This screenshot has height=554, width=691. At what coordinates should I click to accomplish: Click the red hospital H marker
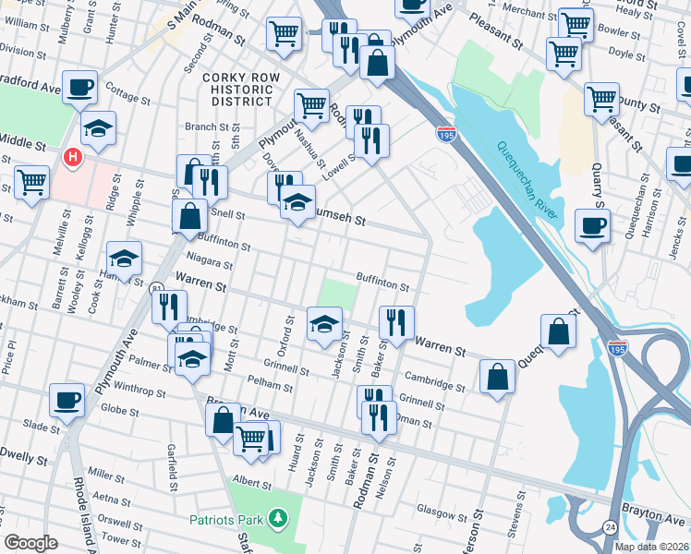click(x=71, y=158)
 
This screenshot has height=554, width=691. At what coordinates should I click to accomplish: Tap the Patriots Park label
click(x=227, y=520)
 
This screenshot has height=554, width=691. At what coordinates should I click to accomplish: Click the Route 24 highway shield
click(x=612, y=526)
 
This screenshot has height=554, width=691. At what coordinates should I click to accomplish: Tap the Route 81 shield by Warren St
click(x=157, y=289)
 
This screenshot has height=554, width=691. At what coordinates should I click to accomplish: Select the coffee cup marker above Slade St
click(x=67, y=400)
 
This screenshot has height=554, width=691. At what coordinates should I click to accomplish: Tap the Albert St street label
click(x=252, y=482)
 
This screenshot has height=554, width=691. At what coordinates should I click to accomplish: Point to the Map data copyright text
click(x=651, y=547)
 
